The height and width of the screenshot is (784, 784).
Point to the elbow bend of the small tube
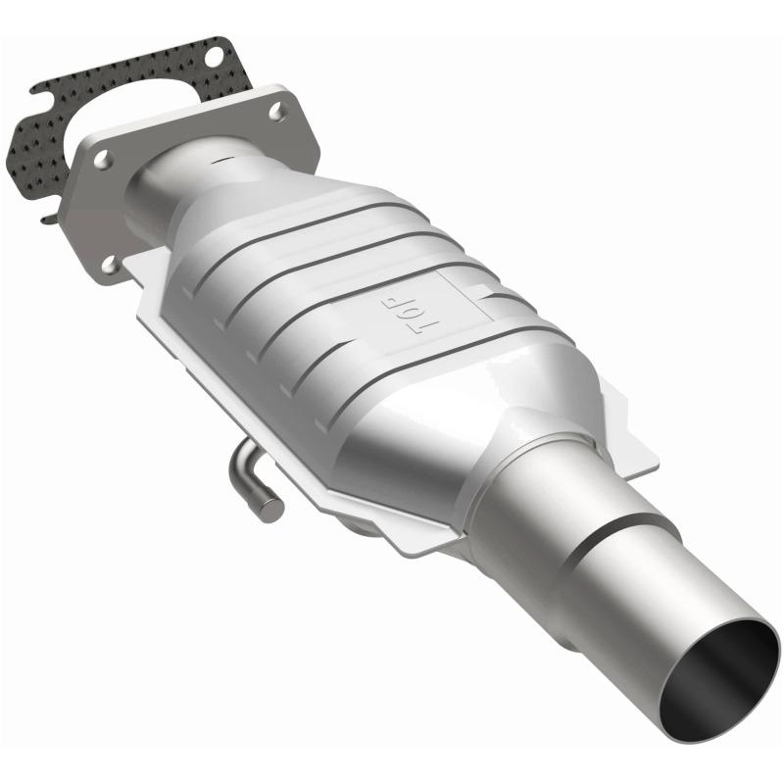pos(240,461)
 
